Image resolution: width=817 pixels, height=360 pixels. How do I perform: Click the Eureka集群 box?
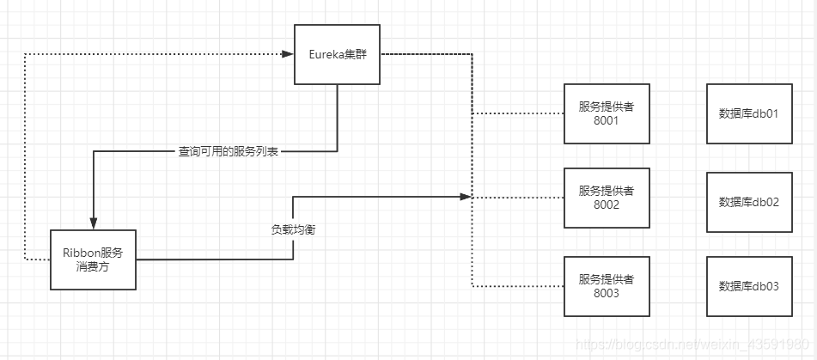coord(337,54)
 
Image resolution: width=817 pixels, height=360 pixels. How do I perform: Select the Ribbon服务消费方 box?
coord(93,259)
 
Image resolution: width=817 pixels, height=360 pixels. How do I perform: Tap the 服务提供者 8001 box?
coord(606,113)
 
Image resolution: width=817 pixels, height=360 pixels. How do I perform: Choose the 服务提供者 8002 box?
coord(606,198)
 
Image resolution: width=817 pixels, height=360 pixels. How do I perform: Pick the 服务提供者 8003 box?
coord(606,286)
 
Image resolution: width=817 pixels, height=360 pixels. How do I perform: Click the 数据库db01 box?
coord(748,113)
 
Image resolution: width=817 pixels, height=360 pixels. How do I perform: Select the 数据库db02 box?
coord(748,202)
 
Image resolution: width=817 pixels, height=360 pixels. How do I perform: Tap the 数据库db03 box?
coord(748,286)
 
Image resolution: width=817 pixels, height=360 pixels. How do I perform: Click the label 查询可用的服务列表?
coord(228,152)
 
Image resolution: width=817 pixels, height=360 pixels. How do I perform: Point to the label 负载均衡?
coord(293,230)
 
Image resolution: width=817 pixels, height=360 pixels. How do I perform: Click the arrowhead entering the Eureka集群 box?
coord(288,54)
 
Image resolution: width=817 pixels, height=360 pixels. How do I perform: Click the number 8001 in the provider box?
coord(606,121)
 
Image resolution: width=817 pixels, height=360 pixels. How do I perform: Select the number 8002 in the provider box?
coord(606,206)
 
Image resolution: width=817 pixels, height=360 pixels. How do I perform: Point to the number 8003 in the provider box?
coord(606,294)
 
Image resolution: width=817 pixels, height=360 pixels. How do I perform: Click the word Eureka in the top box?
coord(326,54)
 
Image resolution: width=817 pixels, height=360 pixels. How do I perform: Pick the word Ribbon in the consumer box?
coord(80,253)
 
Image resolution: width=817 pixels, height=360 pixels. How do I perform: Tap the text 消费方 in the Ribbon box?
coord(93,267)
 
